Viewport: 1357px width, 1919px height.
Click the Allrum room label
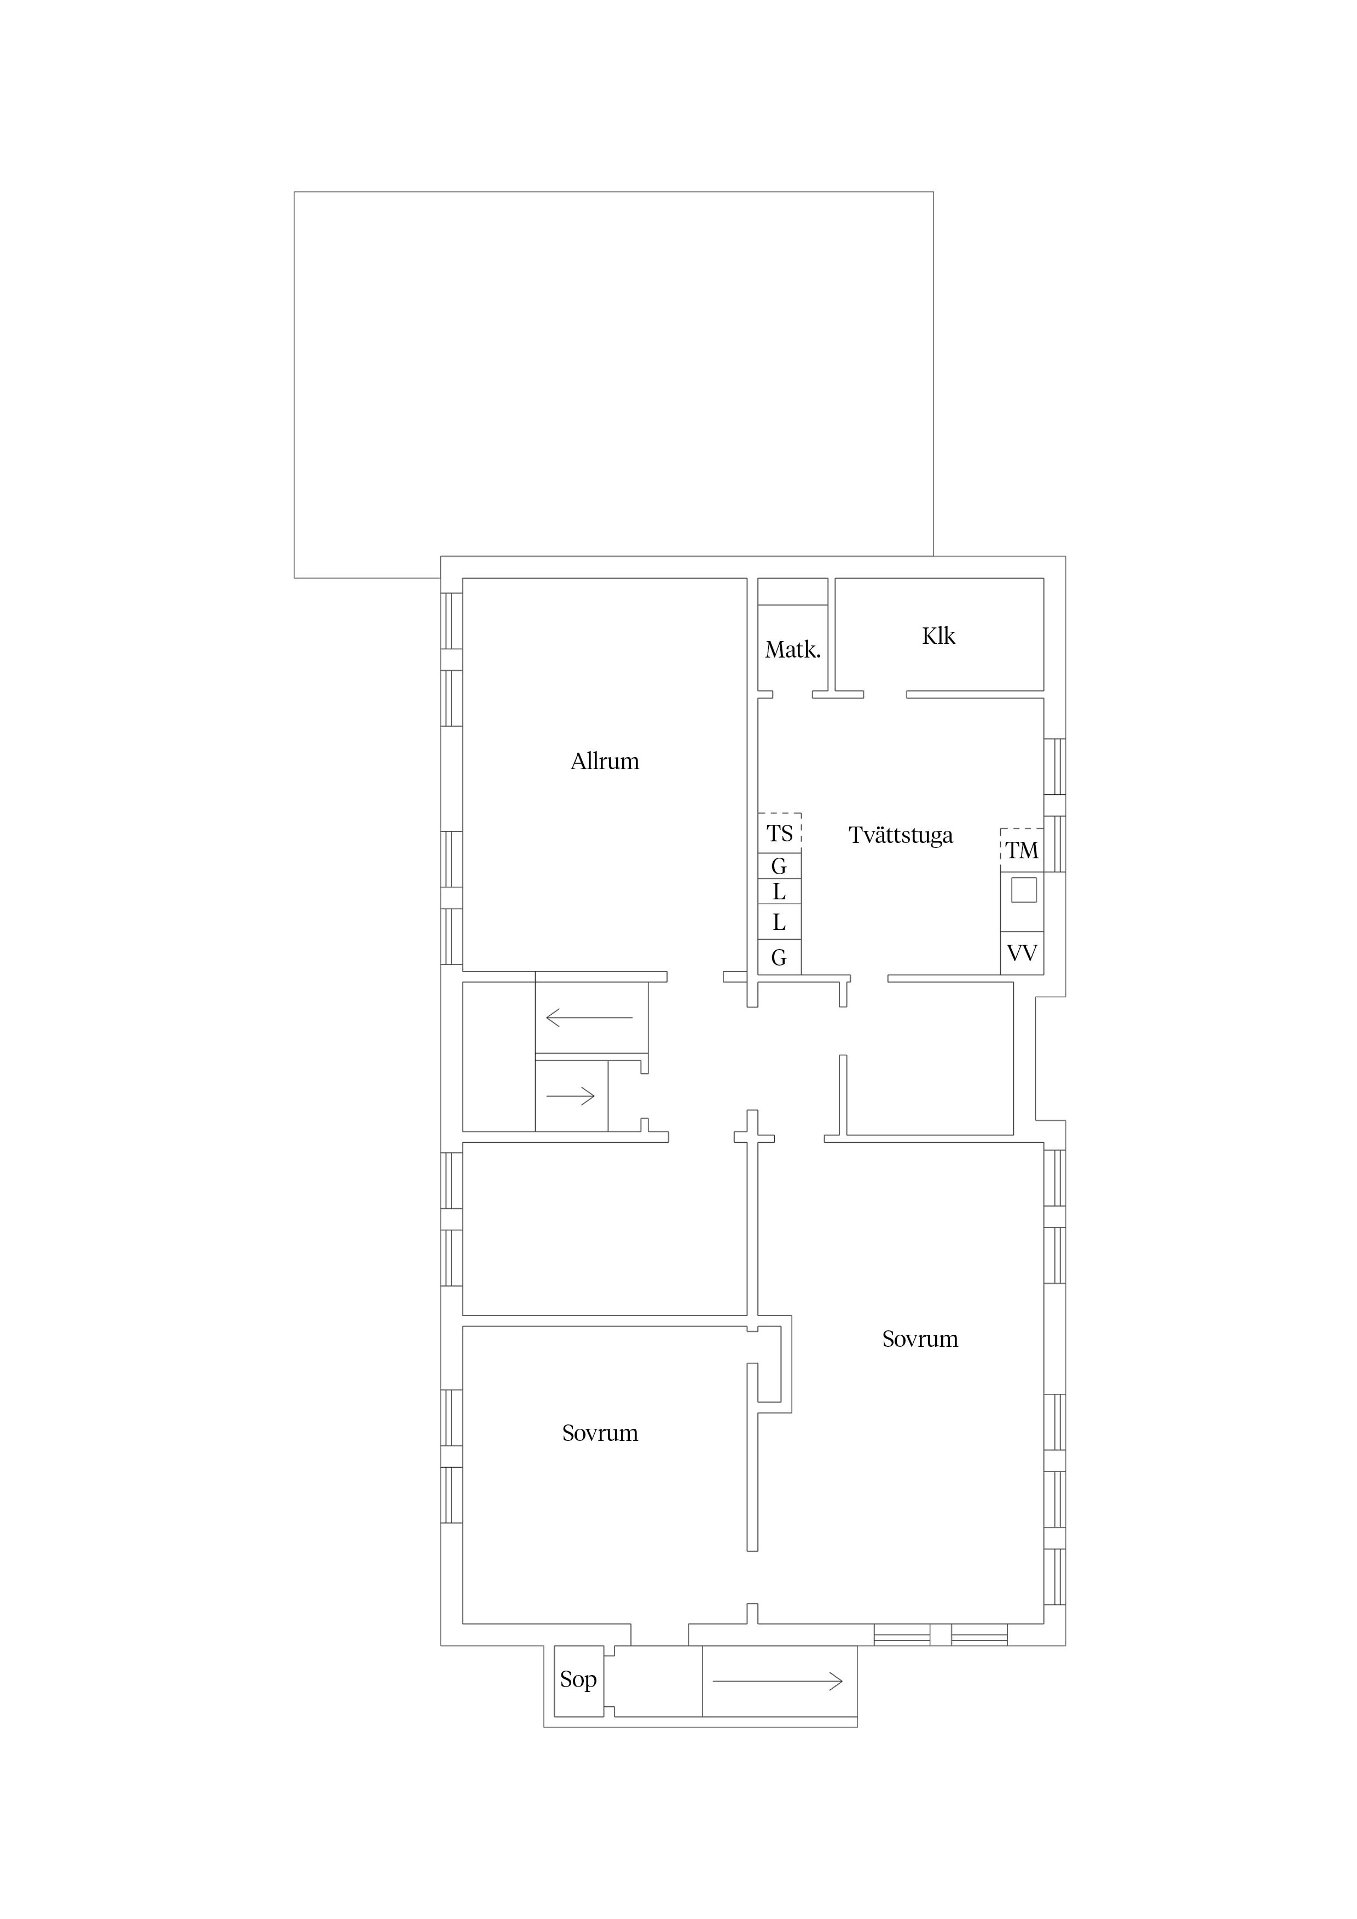605,761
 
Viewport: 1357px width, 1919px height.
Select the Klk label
938,636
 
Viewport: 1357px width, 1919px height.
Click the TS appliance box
779,833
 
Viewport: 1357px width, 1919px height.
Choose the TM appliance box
1022,850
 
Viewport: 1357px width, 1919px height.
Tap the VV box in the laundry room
1022,953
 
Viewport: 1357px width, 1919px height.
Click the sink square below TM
1023,890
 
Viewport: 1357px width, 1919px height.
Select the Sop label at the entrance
578,1680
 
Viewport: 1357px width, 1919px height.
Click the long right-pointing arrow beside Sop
778,1682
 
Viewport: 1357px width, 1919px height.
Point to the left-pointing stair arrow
589,1017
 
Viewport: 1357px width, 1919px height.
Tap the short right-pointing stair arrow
570,1096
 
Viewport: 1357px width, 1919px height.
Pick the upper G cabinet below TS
779,866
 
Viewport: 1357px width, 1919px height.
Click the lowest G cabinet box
779,957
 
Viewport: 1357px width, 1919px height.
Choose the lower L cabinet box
779,923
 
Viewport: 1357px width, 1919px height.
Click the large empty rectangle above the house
614,385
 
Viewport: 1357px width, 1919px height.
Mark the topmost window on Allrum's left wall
451,621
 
